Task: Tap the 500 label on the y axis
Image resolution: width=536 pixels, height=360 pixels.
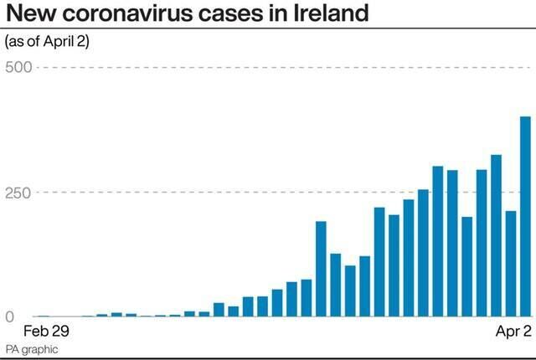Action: pyautogui.click(x=18, y=67)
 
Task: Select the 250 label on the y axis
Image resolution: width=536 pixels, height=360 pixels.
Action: pyautogui.click(x=18, y=193)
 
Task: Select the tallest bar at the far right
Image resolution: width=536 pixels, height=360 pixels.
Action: pyautogui.click(x=525, y=217)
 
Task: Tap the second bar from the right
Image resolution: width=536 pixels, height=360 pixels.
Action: pyautogui.click(x=511, y=265)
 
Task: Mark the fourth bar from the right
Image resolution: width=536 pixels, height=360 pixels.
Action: pyautogui.click(x=482, y=244)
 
